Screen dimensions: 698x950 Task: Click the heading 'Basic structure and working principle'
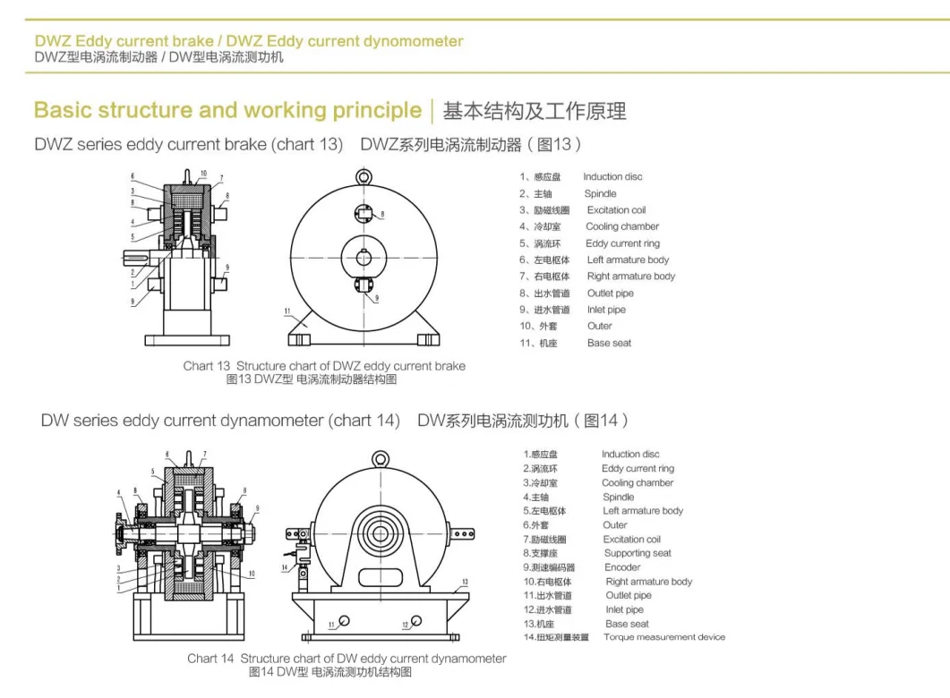coord(227,111)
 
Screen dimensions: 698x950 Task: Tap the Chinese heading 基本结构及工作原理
coord(535,112)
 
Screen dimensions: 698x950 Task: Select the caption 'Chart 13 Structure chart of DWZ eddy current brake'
coord(324,366)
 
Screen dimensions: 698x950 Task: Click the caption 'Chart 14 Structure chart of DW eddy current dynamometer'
coord(347,659)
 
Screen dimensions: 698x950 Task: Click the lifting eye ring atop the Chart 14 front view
coord(381,460)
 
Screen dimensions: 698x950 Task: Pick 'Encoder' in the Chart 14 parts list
coord(622,567)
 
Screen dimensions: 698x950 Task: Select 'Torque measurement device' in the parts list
coord(663,637)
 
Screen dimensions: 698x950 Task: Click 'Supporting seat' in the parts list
coord(638,553)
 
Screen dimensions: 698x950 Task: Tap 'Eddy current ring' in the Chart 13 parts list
coord(622,243)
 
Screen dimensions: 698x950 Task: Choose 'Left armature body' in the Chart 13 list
coord(628,260)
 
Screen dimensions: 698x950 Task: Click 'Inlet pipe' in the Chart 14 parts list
coord(624,609)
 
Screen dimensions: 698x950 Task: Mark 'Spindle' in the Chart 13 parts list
coord(600,193)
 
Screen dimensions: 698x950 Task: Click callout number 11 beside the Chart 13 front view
coord(287,311)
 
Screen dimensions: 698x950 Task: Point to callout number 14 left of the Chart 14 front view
coord(285,566)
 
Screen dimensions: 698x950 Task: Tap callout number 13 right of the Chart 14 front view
coord(464,582)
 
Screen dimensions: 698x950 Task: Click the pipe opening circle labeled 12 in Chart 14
coord(418,623)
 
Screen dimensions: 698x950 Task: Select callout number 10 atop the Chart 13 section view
coord(203,174)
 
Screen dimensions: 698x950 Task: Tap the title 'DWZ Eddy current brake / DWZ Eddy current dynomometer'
coord(249,41)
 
